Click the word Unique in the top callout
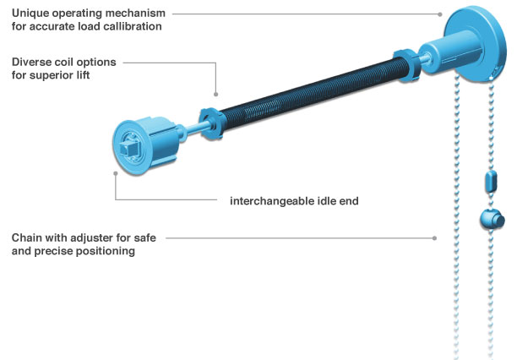click(31, 14)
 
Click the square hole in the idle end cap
click(129, 150)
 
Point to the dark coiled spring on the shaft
click(304, 95)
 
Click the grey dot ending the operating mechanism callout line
click(441, 14)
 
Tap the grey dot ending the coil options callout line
click(216, 93)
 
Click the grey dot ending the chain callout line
click(434, 237)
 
